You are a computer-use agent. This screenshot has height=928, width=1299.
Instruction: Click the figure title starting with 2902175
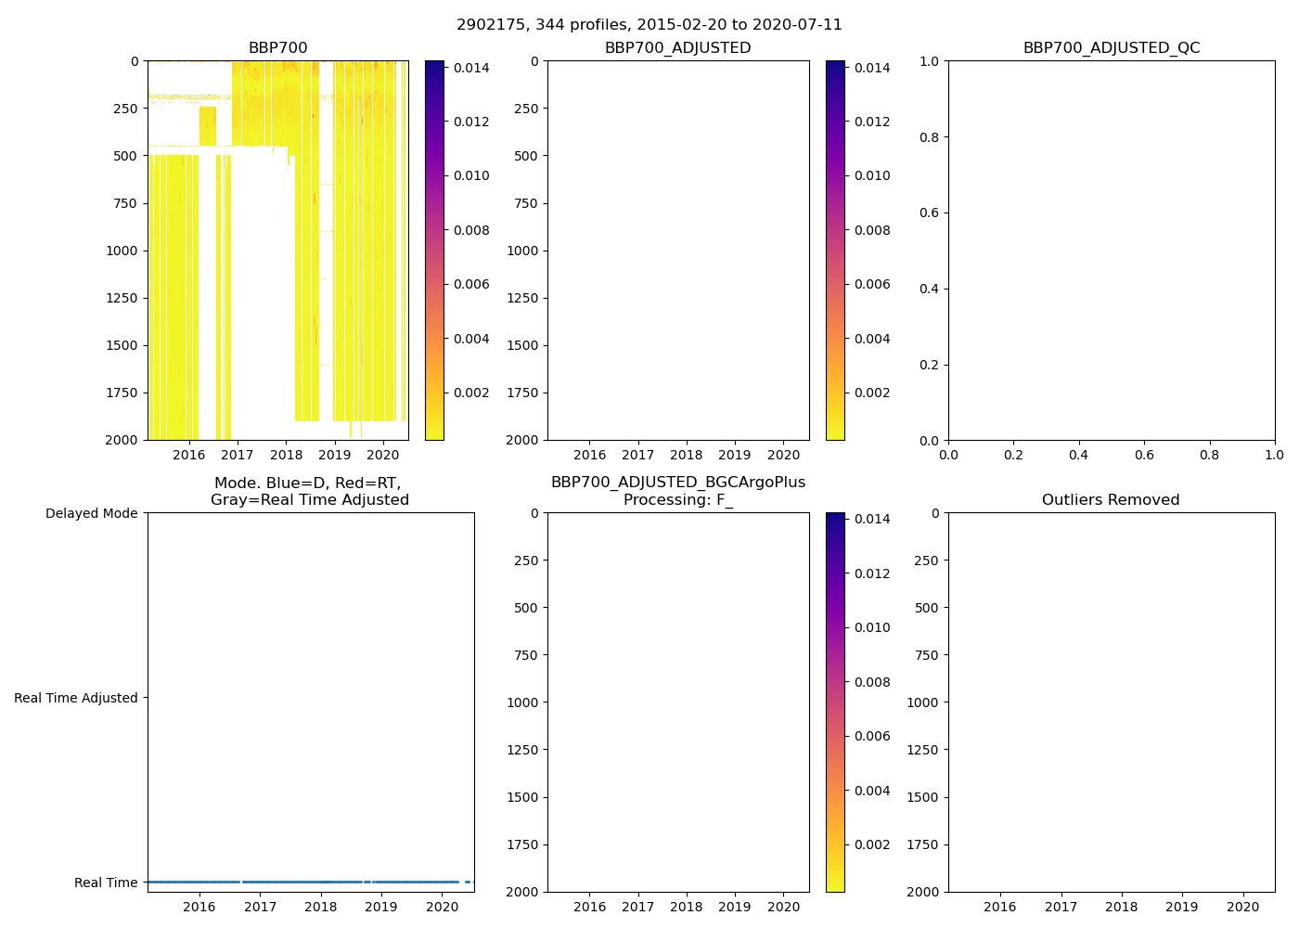tap(649, 25)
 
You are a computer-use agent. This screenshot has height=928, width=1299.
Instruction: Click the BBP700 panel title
tap(277, 48)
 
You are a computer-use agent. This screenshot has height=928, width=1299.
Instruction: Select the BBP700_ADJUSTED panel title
tap(677, 48)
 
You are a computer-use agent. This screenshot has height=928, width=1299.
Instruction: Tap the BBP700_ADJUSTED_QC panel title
tap(1111, 48)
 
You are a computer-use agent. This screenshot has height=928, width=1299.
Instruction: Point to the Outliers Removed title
tap(1111, 500)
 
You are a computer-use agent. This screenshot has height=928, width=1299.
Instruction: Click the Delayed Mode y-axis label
tap(91, 514)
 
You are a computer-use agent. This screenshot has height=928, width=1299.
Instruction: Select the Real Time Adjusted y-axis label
tap(75, 698)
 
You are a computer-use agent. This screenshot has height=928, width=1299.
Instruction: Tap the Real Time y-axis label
tap(106, 883)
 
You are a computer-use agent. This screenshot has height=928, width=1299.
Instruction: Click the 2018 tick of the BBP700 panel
tap(286, 455)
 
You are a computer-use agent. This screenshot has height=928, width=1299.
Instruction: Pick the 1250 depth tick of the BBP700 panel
tap(121, 298)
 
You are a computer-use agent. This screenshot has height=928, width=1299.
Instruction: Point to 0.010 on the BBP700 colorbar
tap(471, 175)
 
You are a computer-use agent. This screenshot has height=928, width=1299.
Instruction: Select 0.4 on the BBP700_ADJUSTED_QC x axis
tap(1078, 455)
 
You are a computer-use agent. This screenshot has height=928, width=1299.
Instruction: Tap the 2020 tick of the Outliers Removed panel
tap(1242, 907)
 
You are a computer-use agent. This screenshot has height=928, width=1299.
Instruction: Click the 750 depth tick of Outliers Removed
tap(926, 655)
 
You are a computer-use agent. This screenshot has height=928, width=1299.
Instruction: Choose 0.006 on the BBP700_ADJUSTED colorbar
tap(872, 284)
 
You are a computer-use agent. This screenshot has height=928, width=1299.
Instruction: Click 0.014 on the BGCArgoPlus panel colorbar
tap(872, 519)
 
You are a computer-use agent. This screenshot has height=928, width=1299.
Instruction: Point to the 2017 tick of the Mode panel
tap(260, 907)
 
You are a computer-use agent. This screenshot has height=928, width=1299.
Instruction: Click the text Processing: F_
tap(677, 500)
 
